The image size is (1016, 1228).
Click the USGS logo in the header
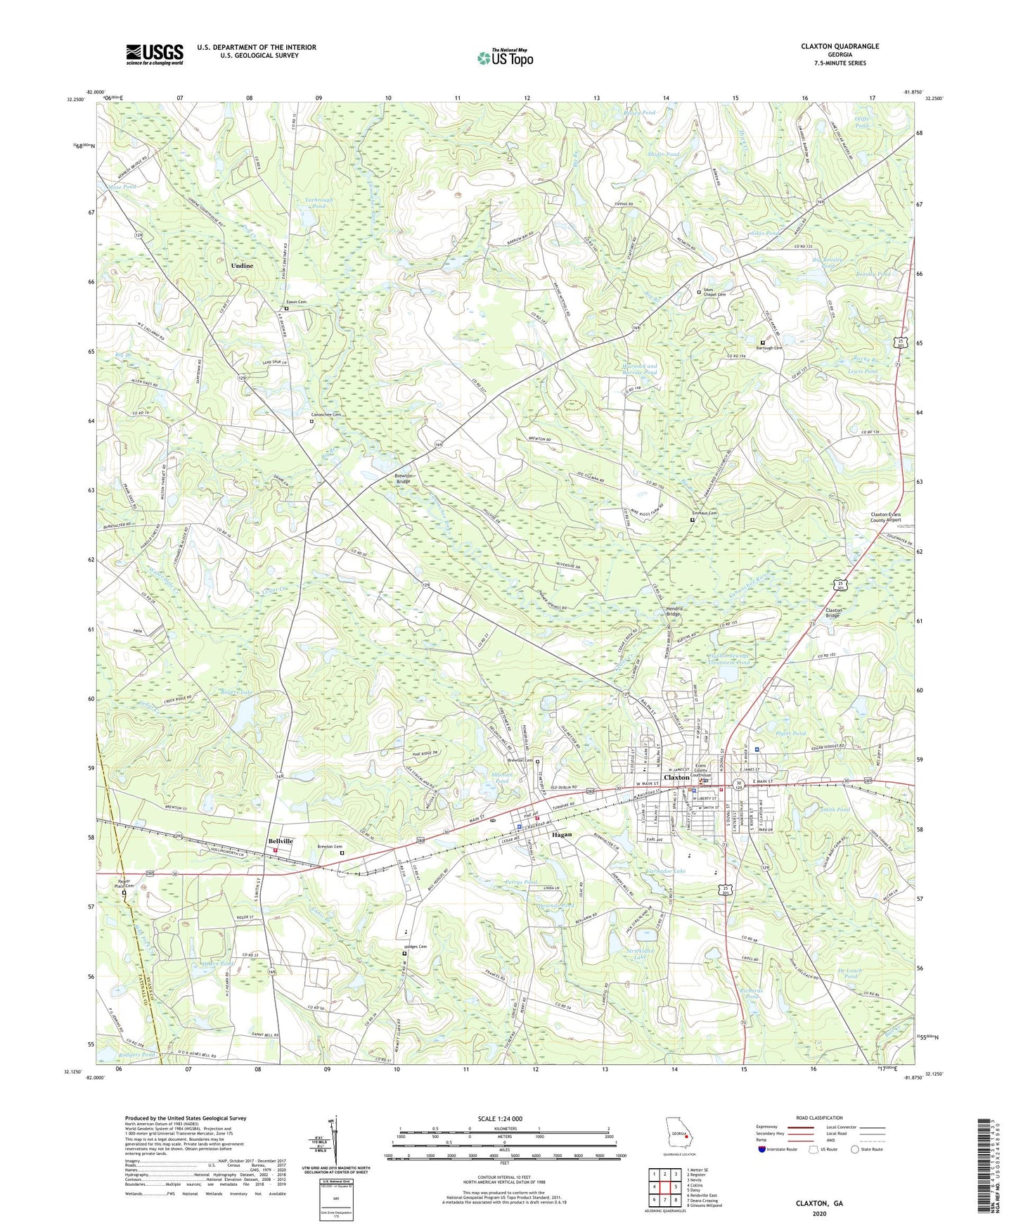pyautogui.click(x=155, y=54)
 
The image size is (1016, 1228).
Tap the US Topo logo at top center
pyautogui.click(x=504, y=58)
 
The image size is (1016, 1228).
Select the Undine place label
pyautogui.click(x=242, y=266)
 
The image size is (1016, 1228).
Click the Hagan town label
pyautogui.click(x=562, y=835)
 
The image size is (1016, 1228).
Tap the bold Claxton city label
pyautogui.click(x=676, y=777)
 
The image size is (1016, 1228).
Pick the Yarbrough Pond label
pyautogui.click(x=319, y=203)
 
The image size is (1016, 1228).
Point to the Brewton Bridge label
pyautogui.click(x=403, y=478)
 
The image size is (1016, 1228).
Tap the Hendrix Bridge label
pyautogui.click(x=674, y=610)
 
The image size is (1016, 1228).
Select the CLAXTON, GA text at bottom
pyautogui.click(x=819, y=1203)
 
